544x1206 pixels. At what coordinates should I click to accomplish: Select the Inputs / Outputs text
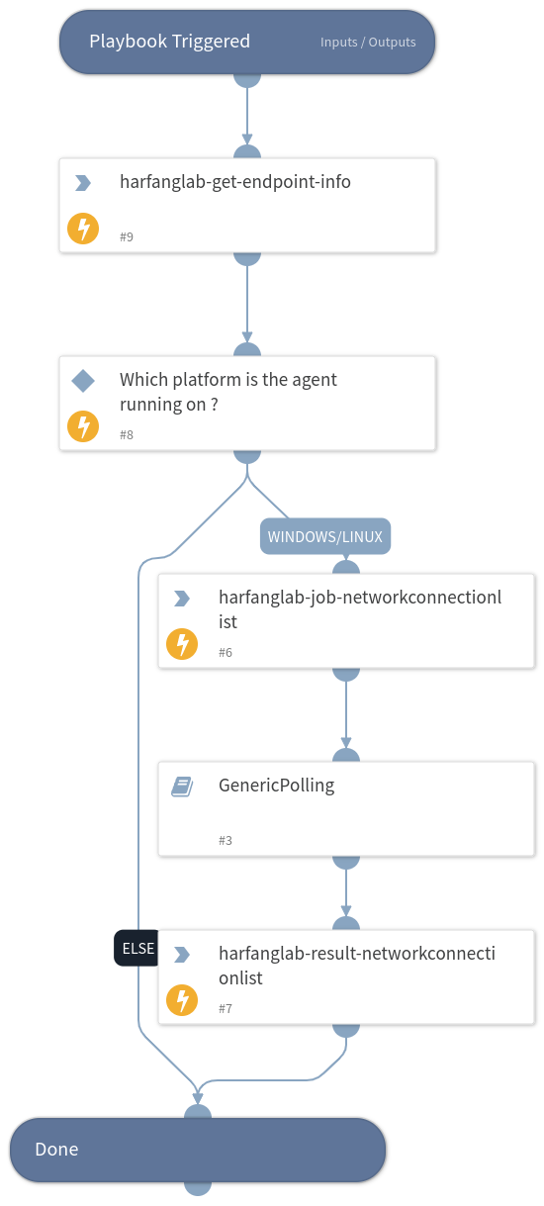coord(368,43)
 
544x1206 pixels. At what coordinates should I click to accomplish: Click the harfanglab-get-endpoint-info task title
coord(235,182)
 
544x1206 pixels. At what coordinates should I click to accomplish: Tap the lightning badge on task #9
coord(83,229)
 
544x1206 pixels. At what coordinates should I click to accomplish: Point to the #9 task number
coord(127,237)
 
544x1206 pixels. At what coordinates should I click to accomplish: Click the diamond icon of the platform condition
coord(83,381)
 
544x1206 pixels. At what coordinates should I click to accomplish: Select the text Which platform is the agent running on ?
coord(228,391)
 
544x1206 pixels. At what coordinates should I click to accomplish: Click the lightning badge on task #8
coord(83,426)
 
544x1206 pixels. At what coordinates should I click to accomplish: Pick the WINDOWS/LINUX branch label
coord(326,536)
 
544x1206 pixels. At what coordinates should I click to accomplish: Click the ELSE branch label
coord(137,948)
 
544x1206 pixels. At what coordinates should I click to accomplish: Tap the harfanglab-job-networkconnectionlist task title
coord(360,609)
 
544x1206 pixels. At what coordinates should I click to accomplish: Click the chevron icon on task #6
coord(182,599)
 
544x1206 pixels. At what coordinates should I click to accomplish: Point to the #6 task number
coord(226,653)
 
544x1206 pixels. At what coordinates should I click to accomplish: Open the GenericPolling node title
coord(277,786)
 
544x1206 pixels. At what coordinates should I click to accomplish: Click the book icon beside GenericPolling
coord(182,787)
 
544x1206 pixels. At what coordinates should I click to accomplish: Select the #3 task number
coord(226,841)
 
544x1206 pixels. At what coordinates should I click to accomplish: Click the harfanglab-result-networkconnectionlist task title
coord(356,966)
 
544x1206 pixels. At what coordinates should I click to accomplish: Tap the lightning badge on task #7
coord(182,1000)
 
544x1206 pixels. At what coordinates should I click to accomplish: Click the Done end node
coord(198,1150)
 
